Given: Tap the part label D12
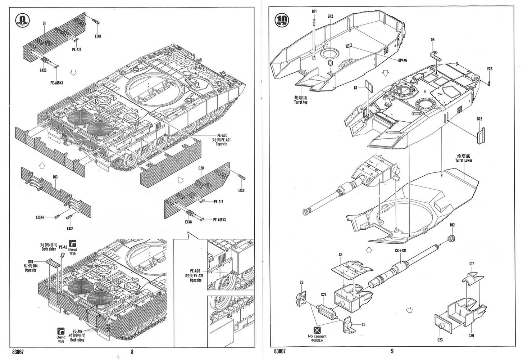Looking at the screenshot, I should (x=452, y=225).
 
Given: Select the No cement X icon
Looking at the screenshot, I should (x=317, y=330).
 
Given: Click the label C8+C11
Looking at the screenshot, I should (x=400, y=251).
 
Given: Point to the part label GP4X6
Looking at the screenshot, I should (x=403, y=60).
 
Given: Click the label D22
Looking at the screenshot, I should (x=479, y=119).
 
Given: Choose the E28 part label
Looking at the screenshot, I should (x=490, y=69).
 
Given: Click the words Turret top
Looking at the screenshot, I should (x=300, y=102).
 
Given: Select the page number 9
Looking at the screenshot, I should (x=392, y=351).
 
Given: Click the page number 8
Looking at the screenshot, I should (x=132, y=352).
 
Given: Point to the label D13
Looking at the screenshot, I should (x=55, y=177).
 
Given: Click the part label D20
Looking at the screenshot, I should (x=201, y=168).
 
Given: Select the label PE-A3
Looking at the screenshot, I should (x=63, y=247).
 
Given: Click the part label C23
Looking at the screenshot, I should (x=440, y=340).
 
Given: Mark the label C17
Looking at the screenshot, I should (x=472, y=264).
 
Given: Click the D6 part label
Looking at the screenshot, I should (x=432, y=40).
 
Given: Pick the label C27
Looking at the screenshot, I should (x=323, y=294).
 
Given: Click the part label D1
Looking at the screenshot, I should (x=44, y=23).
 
